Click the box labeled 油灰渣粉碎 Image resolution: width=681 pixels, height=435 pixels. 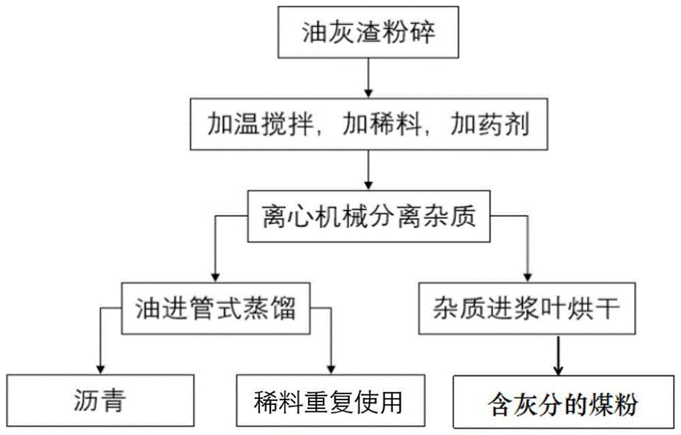click(368, 33)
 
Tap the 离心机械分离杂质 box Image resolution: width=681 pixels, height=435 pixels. click(368, 217)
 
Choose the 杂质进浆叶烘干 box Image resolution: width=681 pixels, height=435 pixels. click(529, 309)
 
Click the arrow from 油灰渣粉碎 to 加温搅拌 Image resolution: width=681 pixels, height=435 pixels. click(368, 78)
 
